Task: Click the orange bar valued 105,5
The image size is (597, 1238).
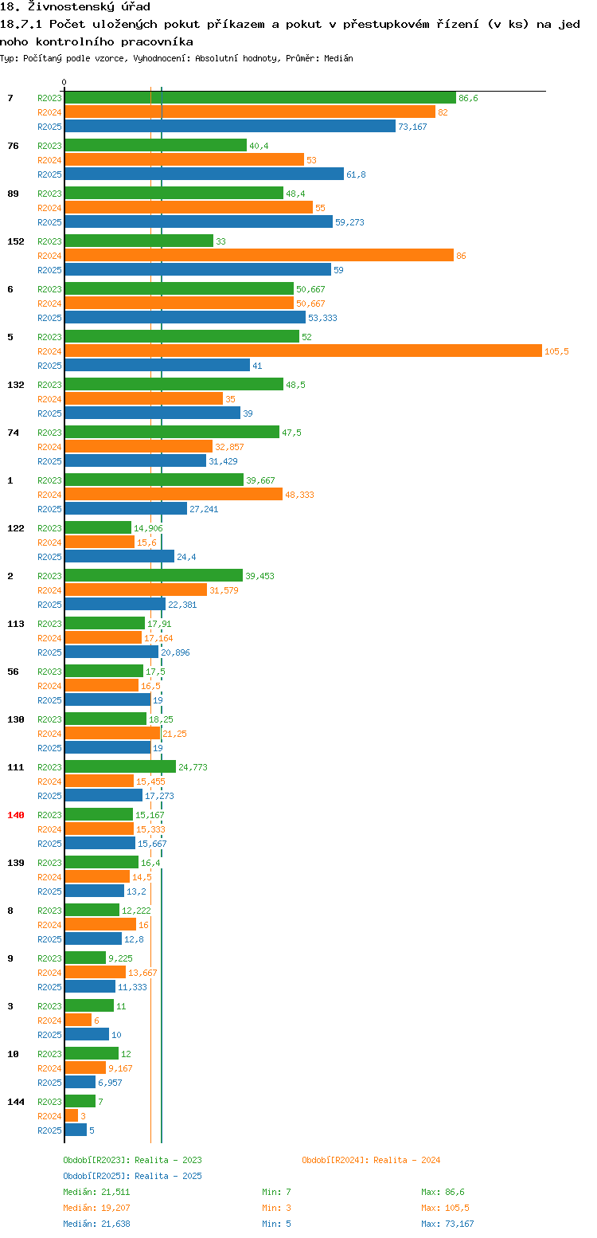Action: pyautogui.click(x=303, y=351)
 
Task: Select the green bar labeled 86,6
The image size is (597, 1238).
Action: pyautogui.click(x=260, y=98)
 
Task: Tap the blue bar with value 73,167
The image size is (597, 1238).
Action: pyautogui.click(x=230, y=127)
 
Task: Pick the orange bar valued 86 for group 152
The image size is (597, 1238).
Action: pyautogui.click(x=259, y=256)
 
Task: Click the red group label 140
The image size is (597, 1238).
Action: pyautogui.click(x=15, y=815)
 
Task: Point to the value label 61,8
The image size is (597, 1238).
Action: pyautogui.click(x=356, y=174)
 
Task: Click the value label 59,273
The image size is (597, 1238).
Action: pyautogui.click(x=349, y=222)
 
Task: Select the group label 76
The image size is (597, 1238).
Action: pyautogui.click(x=14, y=146)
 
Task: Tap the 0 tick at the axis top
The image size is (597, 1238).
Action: pyautogui.click(x=64, y=82)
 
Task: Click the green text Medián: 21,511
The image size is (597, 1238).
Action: pyautogui.click(x=96, y=1192)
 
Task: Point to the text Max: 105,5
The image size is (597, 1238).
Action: pyautogui.click(x=445, y=1209)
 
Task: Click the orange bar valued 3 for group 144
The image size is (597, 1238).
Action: pyautogui.click(x=72, y=1116)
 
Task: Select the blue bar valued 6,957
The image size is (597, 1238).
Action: pyautogui.click(x=80, y=1082)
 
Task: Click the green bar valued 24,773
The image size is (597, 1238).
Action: pyautogui.click(x=120, y=766)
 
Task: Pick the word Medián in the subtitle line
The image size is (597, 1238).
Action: pyautogui.click(x=338, y=59)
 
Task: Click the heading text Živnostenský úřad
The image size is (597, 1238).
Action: pyautogui.click(x=89, y=7)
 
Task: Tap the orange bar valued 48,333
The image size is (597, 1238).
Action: pyautogui.click(x=174, y=494)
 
